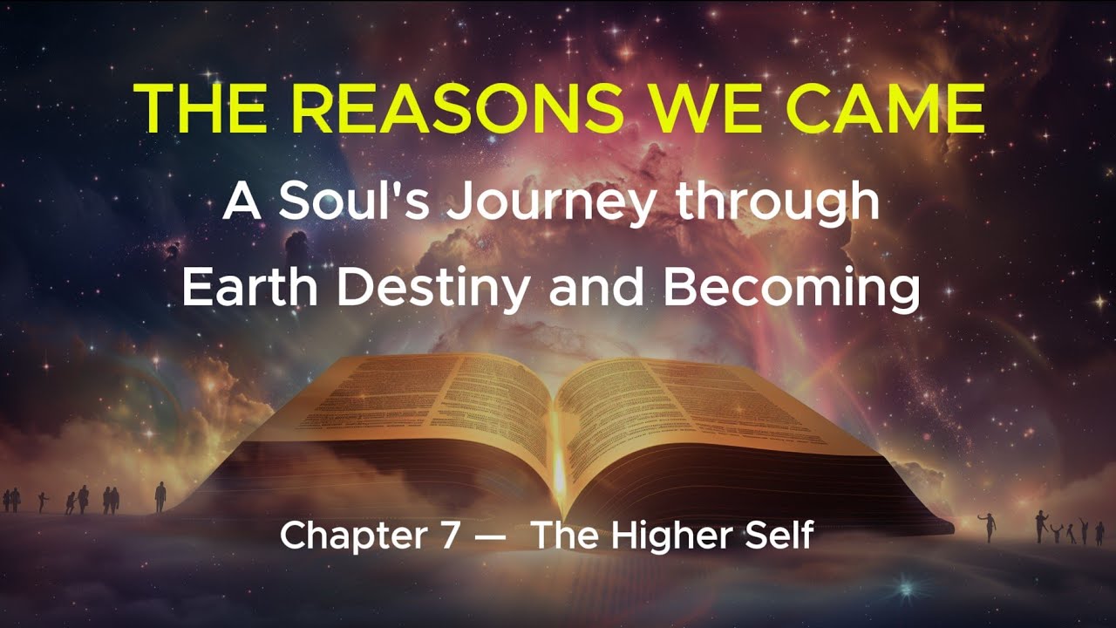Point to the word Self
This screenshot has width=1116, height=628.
[x=780, y=535]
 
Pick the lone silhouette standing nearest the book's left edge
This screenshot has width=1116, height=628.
[x=160, y=497]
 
